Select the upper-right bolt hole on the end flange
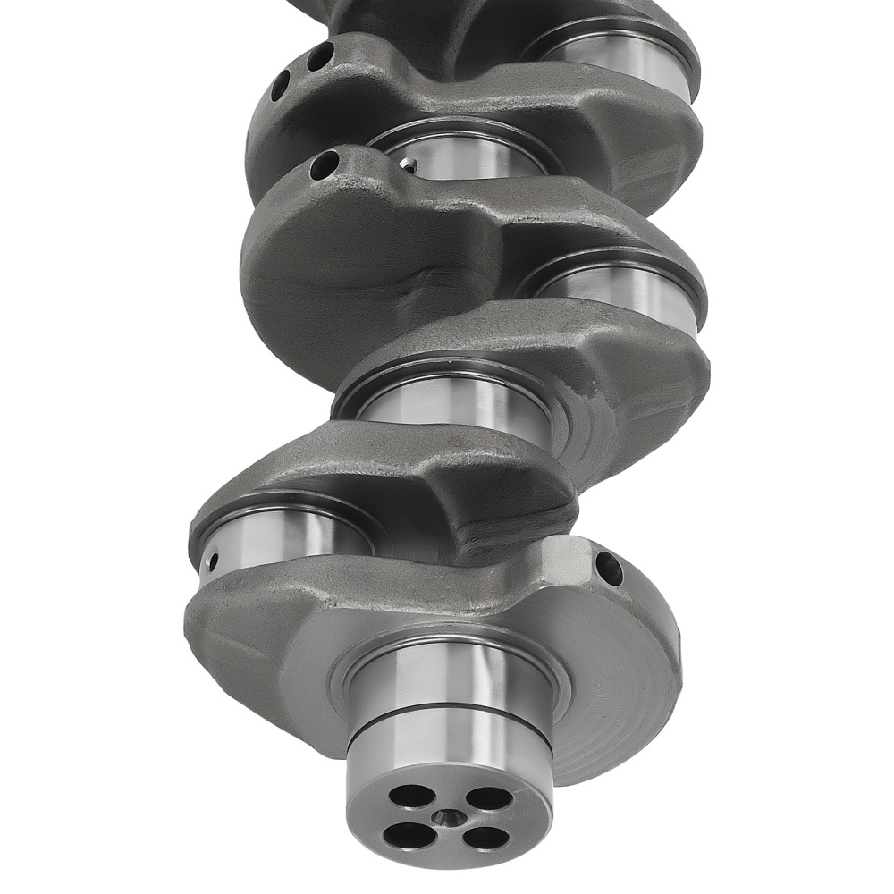point(483,796)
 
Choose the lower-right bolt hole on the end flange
point(485,839)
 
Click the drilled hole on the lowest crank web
point(609,569)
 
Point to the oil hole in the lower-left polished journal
point(213,561)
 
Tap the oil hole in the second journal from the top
point(408,164)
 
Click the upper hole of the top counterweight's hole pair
point(320,56)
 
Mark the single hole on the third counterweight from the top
point(325,164)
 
